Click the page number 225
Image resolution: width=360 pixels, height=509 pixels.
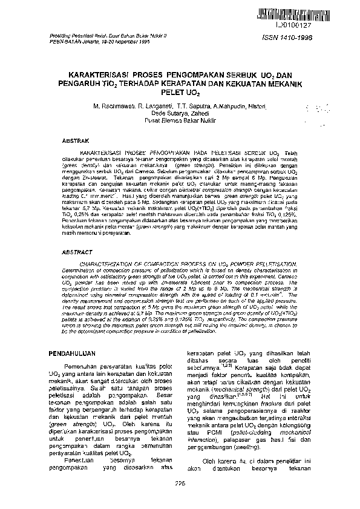pos(179,482)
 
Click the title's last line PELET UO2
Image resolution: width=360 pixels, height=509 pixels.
pos(179,96)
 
